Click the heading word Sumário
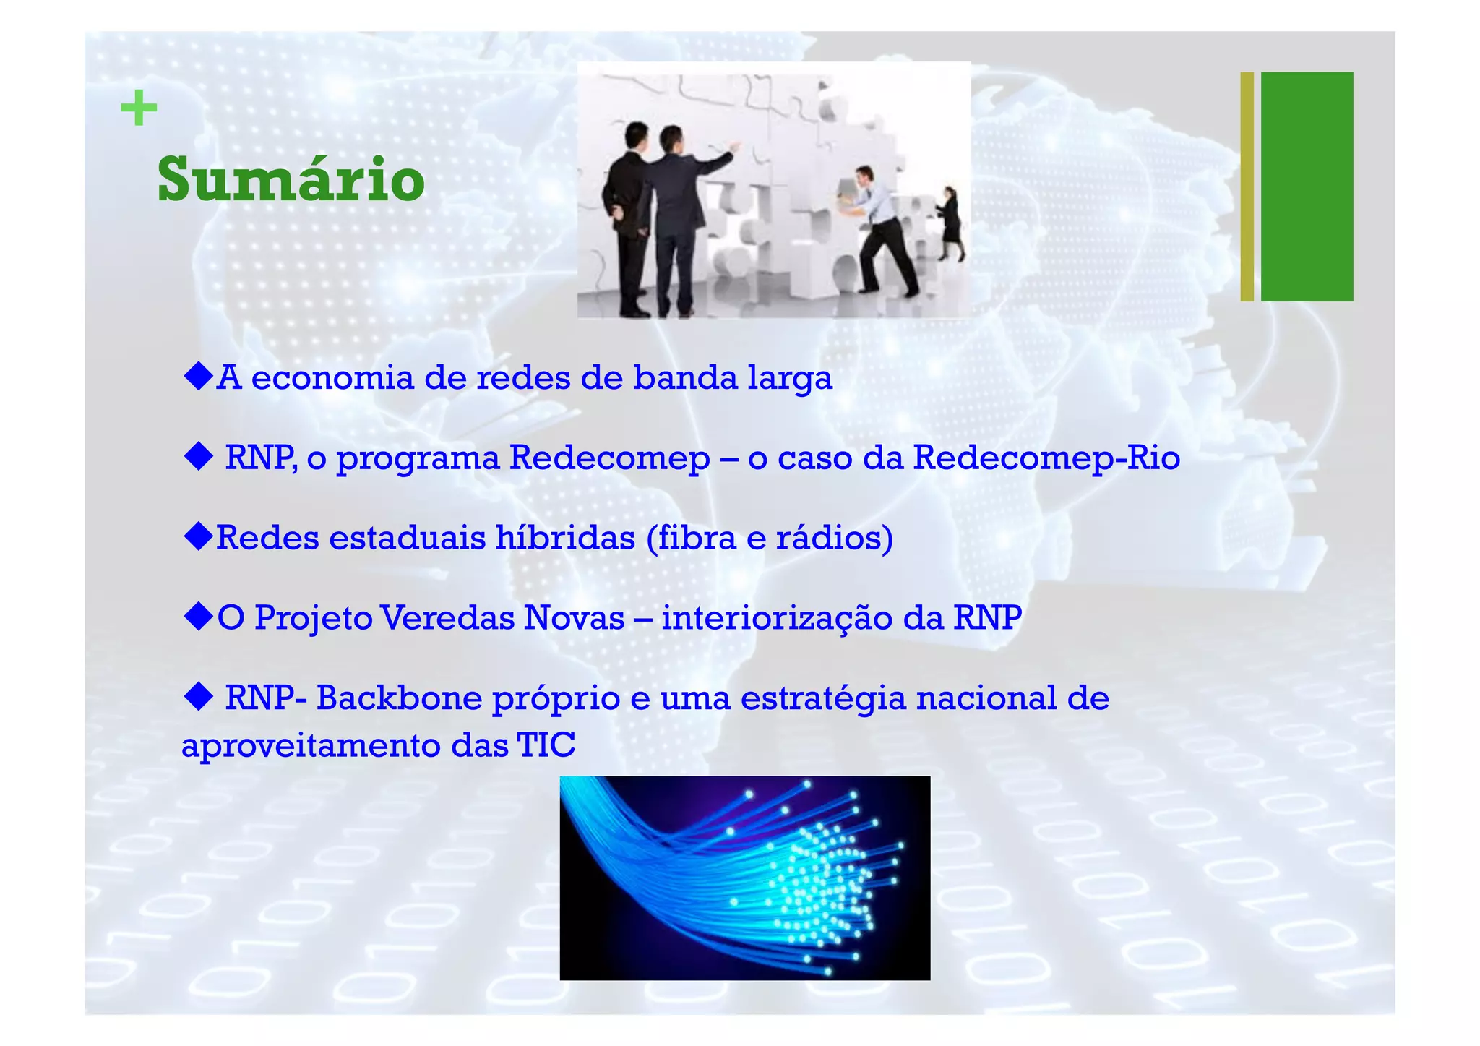click(291, 179)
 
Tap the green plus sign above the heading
click(138, 109)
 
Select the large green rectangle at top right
click(1307, 186)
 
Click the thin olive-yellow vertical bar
click(1247, 186)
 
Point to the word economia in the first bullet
click(332, 378)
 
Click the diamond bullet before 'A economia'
click(198, 377)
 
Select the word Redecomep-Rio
click(1046, 458)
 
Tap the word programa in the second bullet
click(418, 459)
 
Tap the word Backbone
click(399, 698)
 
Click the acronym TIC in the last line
click(546, 745)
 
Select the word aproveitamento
click(311, 747)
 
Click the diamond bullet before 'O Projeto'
click(198, 617)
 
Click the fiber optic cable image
click(744, 878)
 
